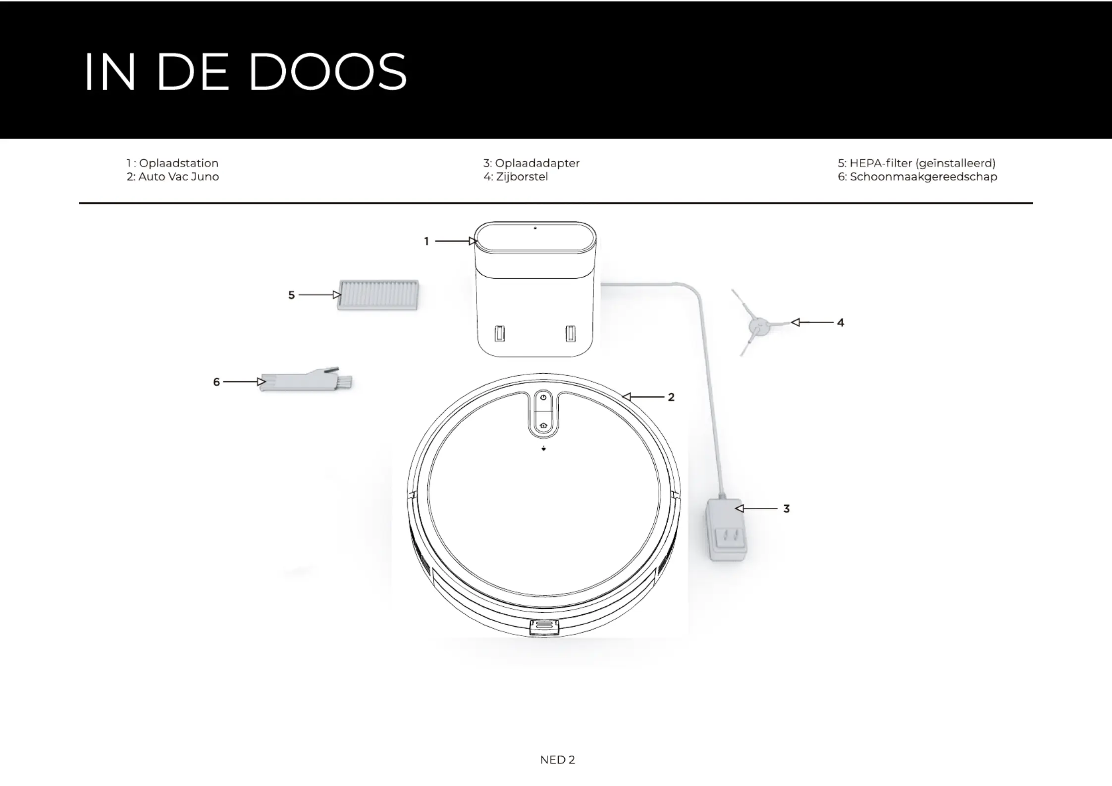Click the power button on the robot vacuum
pyautogui.click(x=543, y=397)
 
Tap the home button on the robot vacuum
pyautogui.click(x=543, y=425)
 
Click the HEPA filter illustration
pyautogui.click(x=378, y=295)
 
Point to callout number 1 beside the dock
pyautogui.click(x=426, y=242)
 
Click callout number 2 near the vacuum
pyautogui.click(x=671, y=397)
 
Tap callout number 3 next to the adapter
pyautogui.click(x=786, y=509)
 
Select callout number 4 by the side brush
pyautogui.click(x=841, y=323)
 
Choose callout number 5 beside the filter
pyautogui.click(x=291, y=295)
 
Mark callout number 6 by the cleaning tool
pyautogui.click(x=216, y=382)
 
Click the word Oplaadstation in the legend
pyautogui.click(x=178, y=163)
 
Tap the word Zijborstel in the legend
pyautogui.click(x=522, y=177)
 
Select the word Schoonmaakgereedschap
pyautogui.click(x=924, y=177)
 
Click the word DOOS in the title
pyautogui.click(x=327, y=72)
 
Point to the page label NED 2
pyautogui.click(x=557, y=760)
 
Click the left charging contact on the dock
pyautogui.click(x=500, y=334)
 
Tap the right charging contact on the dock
pyautogui.click(x=571, y=334)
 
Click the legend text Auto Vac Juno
pyautogui.click(x=178, y=177)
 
